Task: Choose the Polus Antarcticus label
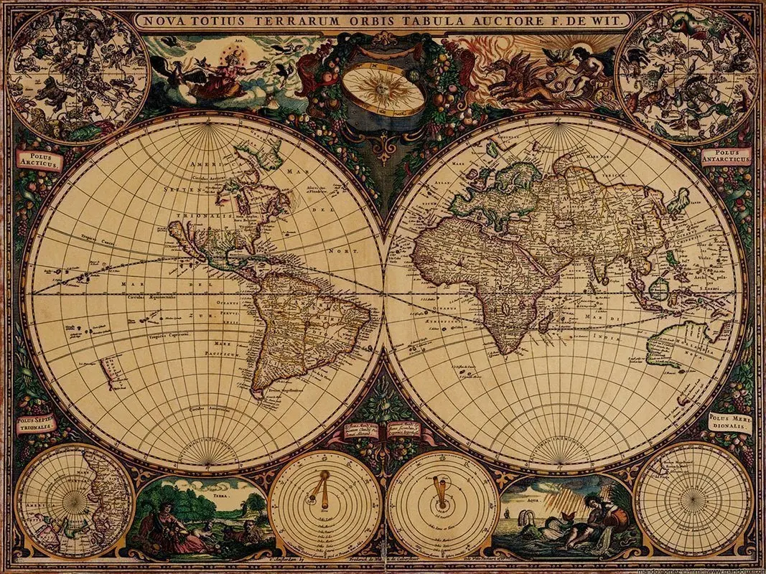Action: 726,155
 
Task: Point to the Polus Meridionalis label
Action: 728,422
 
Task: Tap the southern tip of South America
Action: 256,394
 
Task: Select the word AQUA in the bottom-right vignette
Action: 532,485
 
